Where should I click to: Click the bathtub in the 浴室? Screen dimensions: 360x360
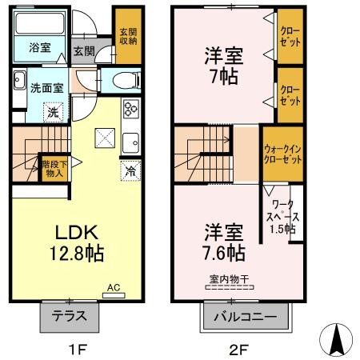(40, 22)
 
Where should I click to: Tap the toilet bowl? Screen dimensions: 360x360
(126, 80)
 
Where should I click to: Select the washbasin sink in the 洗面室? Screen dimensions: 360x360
(19, 80)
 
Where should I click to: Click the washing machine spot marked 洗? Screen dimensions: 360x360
(54, 112)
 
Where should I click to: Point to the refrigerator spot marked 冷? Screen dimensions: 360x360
(130, 170)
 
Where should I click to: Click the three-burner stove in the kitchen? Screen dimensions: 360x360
(131, 108)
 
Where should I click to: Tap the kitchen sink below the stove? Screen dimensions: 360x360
(130, 142)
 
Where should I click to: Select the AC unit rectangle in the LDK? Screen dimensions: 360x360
(114, 295)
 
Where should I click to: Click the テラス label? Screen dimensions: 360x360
(70, 316)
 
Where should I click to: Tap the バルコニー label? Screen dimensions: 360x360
(246, 317)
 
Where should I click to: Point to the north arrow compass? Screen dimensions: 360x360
(336, 340)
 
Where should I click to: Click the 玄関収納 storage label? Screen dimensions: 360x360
(128, 37)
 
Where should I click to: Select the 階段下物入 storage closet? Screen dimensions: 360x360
(54, 169)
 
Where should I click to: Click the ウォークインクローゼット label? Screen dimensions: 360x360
(282, 154)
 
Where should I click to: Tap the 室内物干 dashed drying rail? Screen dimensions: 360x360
(230, 287)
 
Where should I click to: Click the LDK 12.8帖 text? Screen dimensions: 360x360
(77, 242)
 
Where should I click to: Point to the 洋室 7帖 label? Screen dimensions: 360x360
(224, 66)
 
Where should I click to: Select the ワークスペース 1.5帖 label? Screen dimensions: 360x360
(283, 217)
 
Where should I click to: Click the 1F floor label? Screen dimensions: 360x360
(78, 349)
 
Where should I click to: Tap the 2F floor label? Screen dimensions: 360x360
(239, 349)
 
